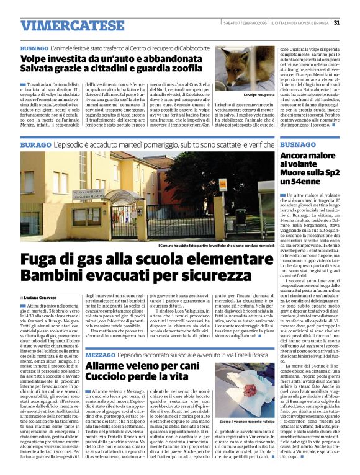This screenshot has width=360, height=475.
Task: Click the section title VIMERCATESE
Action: click(x=64, y=25)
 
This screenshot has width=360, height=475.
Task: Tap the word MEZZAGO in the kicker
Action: click(x=101, y=353)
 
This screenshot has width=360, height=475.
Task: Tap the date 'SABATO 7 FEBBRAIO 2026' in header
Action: click(x=246, y=23)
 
